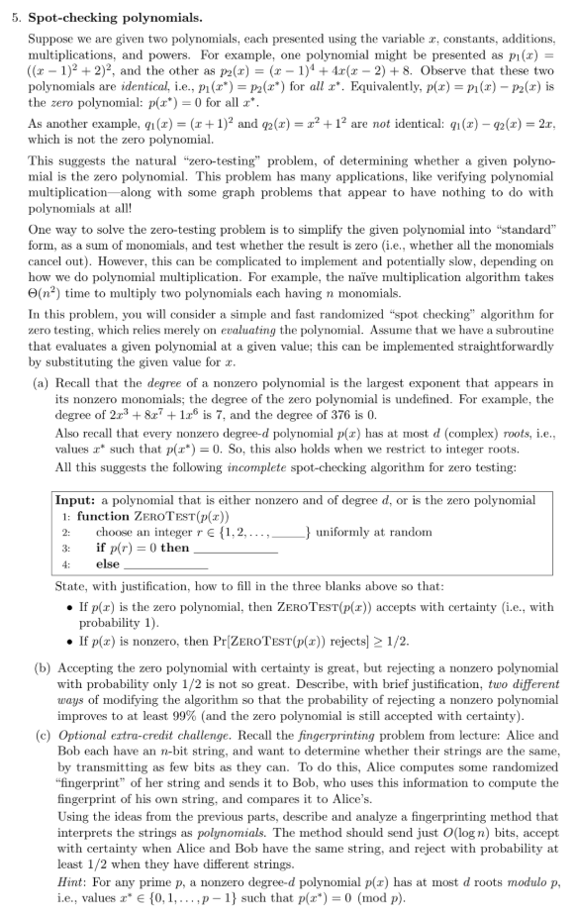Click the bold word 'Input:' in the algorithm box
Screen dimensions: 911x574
point(75,501)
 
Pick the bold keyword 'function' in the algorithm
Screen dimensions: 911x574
point(105,516)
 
